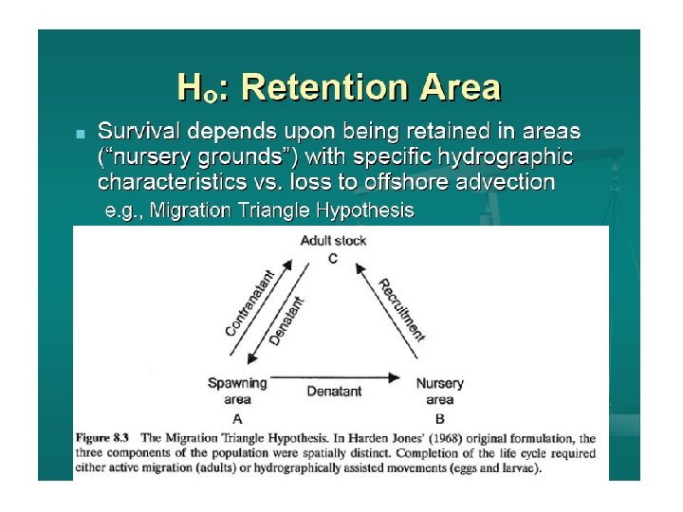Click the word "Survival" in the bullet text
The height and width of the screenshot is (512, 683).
[x=136, y=130]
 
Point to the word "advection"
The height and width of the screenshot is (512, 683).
[x=504, y=180]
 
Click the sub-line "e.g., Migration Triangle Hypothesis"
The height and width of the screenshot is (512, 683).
[x=258, y=210]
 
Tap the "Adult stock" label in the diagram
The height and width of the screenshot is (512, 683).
[x=333, y=241]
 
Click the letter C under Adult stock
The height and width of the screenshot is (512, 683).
[x=333, y=258]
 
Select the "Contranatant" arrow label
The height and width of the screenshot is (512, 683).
[x=250, y=302]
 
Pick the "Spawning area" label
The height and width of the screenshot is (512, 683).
[x=236, y=391]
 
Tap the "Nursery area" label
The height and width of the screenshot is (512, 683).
[x=440, y=391]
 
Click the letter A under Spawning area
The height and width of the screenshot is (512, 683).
[x=237, y=417]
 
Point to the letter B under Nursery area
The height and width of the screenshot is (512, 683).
[x=440, y=417]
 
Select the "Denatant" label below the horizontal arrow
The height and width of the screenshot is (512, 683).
[x=334, y=391]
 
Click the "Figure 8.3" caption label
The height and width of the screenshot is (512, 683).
[x=103, y=438]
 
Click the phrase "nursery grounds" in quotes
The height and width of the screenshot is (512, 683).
[x=187, y=155]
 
